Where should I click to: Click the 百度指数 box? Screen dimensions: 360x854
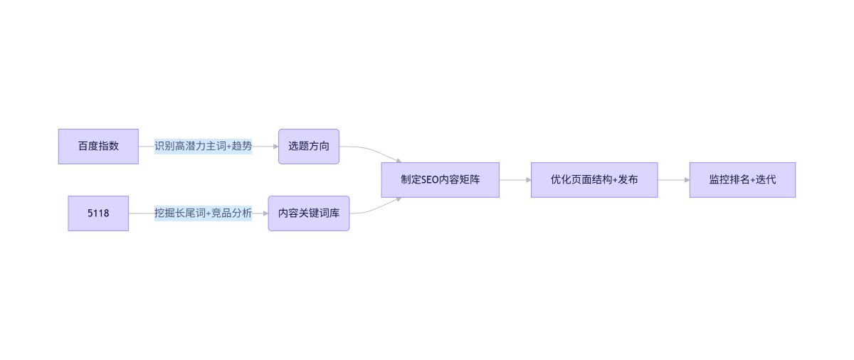pos(98,147)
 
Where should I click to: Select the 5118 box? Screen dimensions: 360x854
pos(98,213)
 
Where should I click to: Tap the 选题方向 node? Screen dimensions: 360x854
pos(308,147)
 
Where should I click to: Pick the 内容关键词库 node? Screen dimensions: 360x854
pos(308,213)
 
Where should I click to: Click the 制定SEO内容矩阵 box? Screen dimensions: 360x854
pos(440,180)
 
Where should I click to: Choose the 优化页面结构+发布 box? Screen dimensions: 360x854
pos(594,180)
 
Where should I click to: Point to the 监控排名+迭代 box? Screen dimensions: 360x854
pos(742,180)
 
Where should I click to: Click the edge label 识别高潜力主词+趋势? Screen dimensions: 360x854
pos(203,147)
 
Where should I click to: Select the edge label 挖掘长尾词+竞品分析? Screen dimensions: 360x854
pos(203,213)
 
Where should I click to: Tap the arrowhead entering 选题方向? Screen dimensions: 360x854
pos(275,147)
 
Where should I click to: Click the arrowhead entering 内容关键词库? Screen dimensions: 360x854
pos(265,213)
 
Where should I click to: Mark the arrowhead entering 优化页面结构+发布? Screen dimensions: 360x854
pos(527,180)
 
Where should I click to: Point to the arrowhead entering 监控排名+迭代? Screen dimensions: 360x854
pos(686,180)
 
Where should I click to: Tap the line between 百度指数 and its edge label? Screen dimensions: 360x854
pos(146,147)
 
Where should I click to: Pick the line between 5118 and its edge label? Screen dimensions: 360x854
pos(141,213)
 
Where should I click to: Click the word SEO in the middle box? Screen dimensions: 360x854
pos(431,180)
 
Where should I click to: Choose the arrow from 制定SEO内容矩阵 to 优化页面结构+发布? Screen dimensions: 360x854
pos(514,180)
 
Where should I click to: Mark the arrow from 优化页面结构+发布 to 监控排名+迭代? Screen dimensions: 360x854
pos(673,180)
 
